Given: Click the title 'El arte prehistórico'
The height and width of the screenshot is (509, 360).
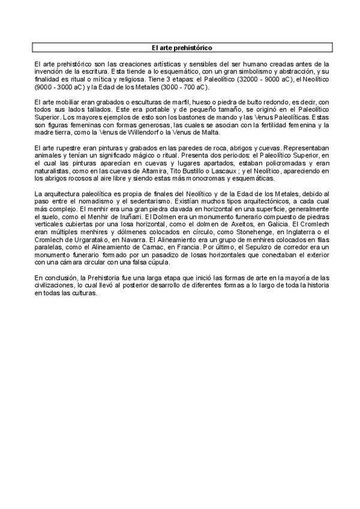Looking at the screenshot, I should tap(181, 47).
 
